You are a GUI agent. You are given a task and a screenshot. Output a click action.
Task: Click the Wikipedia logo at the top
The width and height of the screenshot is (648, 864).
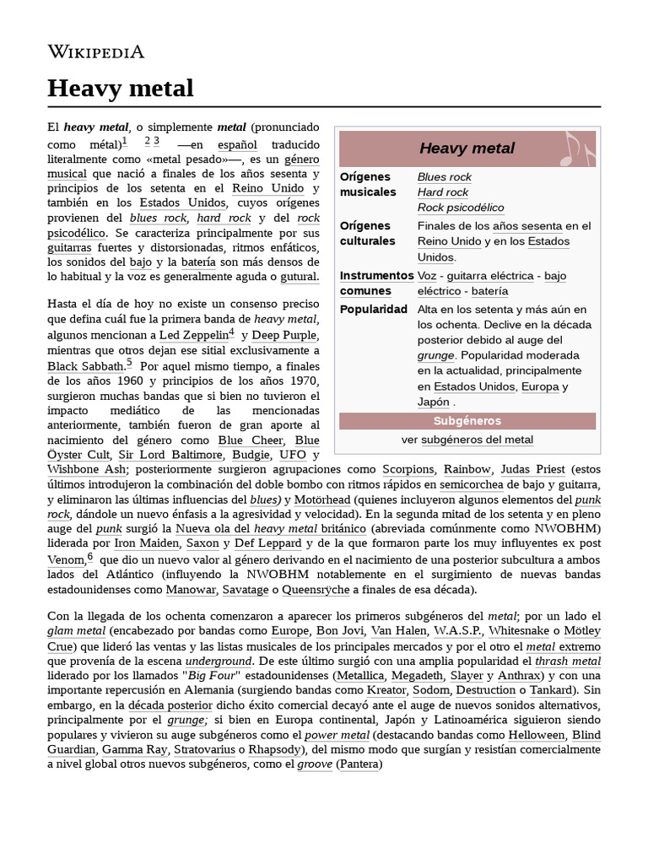pos(95,52)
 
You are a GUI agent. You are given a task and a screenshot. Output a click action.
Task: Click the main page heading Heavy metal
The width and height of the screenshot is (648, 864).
pos(121,89)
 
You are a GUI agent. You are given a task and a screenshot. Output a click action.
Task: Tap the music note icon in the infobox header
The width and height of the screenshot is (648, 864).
pos(579,148)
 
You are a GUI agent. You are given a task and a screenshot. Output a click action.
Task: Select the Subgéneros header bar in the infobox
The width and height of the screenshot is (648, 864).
pos(467,420)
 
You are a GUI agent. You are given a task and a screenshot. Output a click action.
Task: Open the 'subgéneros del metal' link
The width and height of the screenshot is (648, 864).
pos(477,440)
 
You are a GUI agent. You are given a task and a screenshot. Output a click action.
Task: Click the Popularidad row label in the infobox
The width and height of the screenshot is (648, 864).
pos(374,309)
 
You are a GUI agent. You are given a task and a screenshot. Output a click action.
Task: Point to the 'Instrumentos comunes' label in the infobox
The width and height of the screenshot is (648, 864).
pos(376,283)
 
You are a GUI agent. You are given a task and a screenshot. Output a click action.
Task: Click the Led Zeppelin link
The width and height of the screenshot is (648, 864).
pos(193,336)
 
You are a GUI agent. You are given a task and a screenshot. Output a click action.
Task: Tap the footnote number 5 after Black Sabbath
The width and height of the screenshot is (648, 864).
pos(129,364)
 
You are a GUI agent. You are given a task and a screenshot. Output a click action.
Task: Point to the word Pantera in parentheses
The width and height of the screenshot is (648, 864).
pos(359,764)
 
